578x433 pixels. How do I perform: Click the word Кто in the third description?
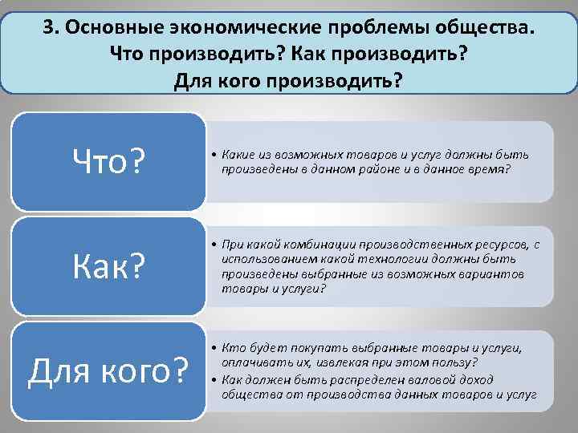coord(235,348)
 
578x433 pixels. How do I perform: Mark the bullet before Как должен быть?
coord(216,379)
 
